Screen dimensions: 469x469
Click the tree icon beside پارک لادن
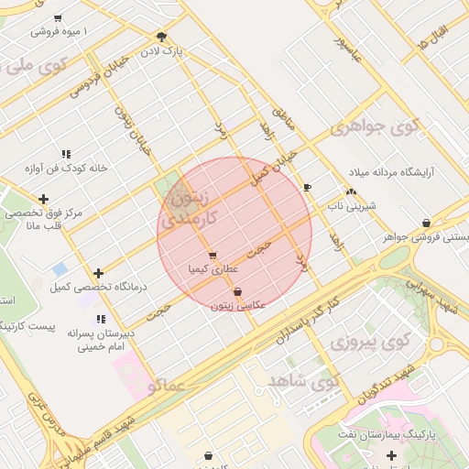pyautogui.click(x=161, y=37)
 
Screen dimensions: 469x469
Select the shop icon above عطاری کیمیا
pyautogui.click(x=213, y=256)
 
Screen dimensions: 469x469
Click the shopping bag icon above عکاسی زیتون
pyautogui.click(x=238, y=292)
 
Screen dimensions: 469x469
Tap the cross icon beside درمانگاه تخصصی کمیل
pyautogui.click(x=98, y=273)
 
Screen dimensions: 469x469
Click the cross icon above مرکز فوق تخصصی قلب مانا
pyautogui.click(x=43, y=199)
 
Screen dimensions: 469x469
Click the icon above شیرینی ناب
pyautogui.click(x=351, y=192)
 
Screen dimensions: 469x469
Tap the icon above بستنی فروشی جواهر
pyautogui.click(x=427, y=224)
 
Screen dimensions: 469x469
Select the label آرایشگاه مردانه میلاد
pyautogui.click(x=395, y=172)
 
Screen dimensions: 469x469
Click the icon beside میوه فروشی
pyautogui.click(x=58, y=18)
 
